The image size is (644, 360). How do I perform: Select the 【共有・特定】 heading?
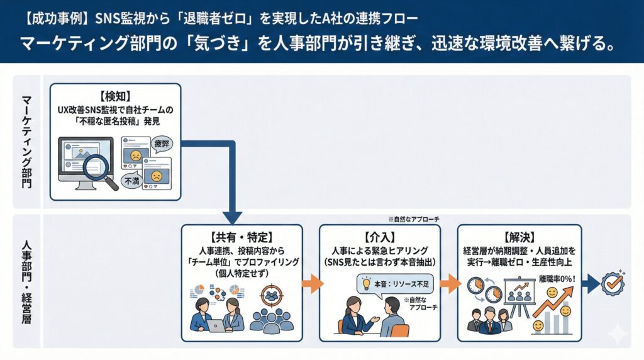click(x=241, y=237)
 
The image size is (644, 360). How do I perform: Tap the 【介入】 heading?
click(x=379, y=237)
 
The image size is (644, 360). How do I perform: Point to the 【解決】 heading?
click(x=519, y=237)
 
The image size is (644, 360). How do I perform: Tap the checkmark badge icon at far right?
click(x=613, y=283)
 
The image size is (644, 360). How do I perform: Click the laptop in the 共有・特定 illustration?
click(x=215, y=325)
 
